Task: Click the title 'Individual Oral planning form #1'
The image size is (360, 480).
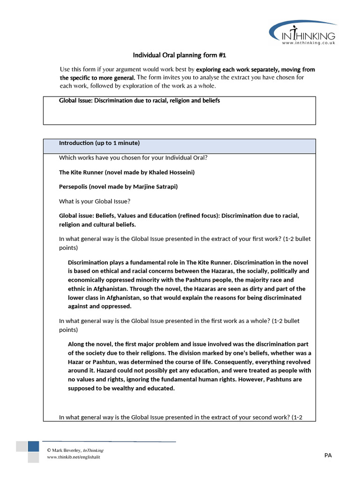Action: coord(180,55)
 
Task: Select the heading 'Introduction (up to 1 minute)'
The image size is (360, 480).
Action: coord(99,143)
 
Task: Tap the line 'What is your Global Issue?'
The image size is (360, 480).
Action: coord(95,201)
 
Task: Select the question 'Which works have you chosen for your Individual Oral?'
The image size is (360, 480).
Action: coord(133,157)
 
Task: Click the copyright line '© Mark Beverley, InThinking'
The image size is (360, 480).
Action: coord(75,450)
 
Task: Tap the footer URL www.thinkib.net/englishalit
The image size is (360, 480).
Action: coord(73,457)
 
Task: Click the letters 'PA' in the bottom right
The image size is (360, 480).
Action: coord(328,455)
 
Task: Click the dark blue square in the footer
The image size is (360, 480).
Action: coord(33,446)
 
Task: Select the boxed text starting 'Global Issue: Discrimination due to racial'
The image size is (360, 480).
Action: coord(139,101)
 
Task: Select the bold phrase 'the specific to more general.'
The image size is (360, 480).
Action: coord(97,77)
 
